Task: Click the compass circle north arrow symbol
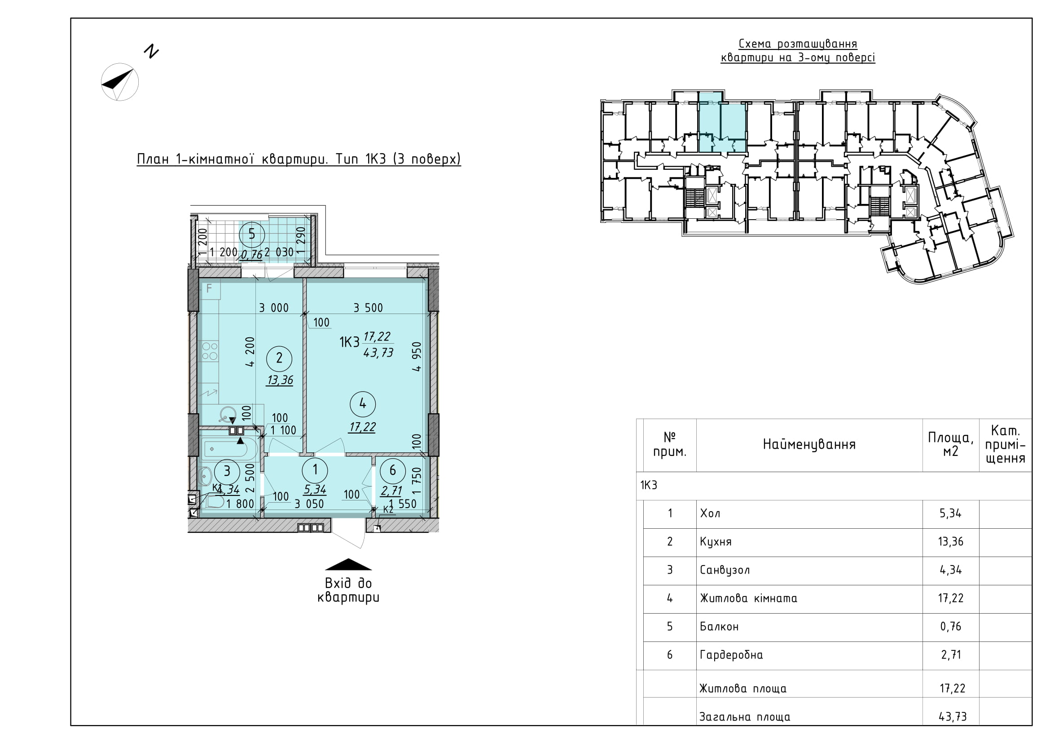(x=120, y=82)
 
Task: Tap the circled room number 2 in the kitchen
(x=279, y=358)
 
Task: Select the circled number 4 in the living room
(x=363, y=403)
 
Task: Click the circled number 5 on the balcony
(x=251, y=234)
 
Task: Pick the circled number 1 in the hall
(x=315, y=469)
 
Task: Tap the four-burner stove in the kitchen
(x=210, y=351)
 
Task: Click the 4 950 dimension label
(x=416, y=356)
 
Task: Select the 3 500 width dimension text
(x=368, y=308)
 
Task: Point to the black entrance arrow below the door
(x=348, y=564)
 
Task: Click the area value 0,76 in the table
(x=951, y=626)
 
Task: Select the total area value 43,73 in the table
(x=953, y=716)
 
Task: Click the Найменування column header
(x=809, y=445)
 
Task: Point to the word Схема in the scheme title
(x=755, y=44)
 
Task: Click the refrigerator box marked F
(x=210, y=289)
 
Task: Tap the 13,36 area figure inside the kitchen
(x=280, y=380)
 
